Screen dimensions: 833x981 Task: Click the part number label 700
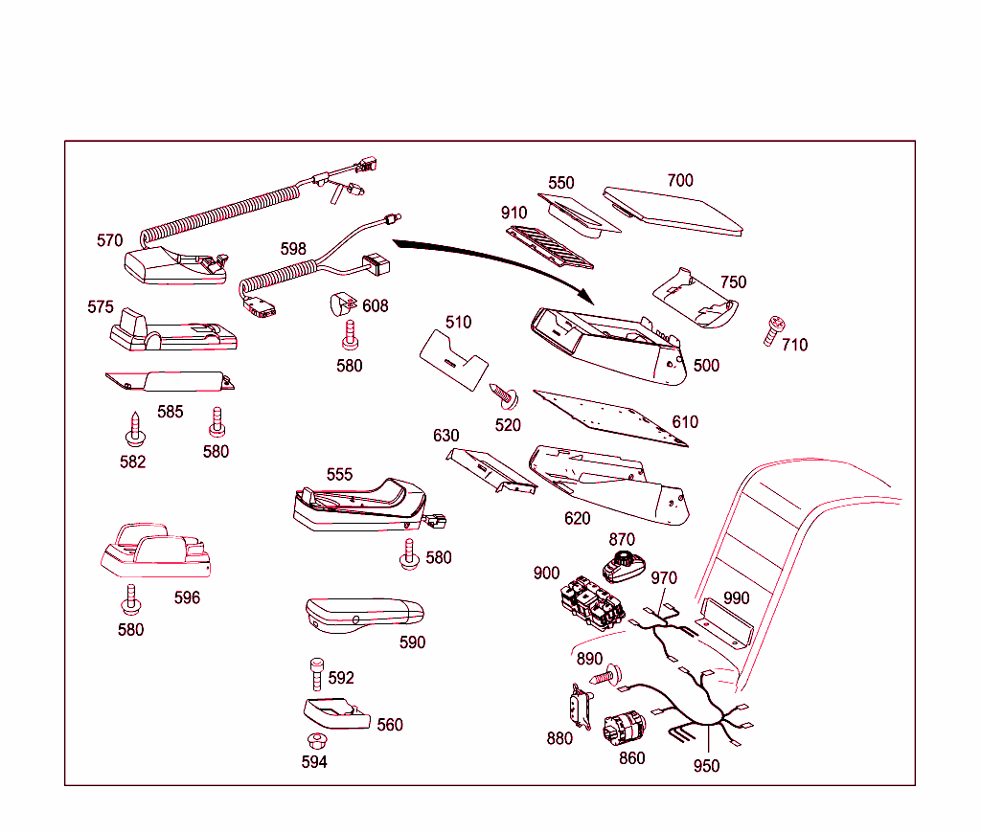click(x=679, y=180)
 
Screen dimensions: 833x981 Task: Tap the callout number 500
click(x=706, y=365)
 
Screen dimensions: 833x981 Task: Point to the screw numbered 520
click(x=500, y=391)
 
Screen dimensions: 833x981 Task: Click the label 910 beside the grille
click(x=513, y=212)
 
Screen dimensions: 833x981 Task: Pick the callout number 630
click(x=445, y=436)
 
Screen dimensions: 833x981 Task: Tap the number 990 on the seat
click(x=736, y=598)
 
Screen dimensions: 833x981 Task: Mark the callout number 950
click(x=706, y=766)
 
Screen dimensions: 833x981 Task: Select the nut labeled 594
click(x=313, y=740)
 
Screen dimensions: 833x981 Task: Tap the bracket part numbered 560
click(x=334, y=713)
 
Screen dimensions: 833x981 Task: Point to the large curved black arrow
click(x=498, y=257)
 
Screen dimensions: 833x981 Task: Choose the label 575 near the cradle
click(x=101, y=307)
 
